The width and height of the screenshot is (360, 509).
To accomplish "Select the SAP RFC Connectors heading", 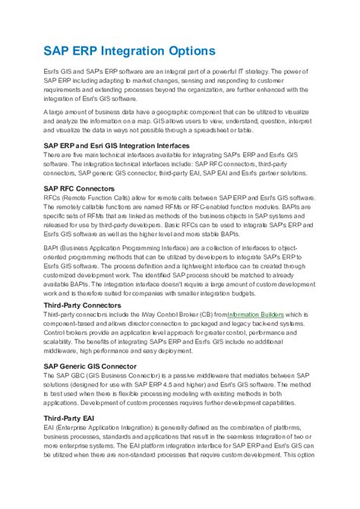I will point(79,187).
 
